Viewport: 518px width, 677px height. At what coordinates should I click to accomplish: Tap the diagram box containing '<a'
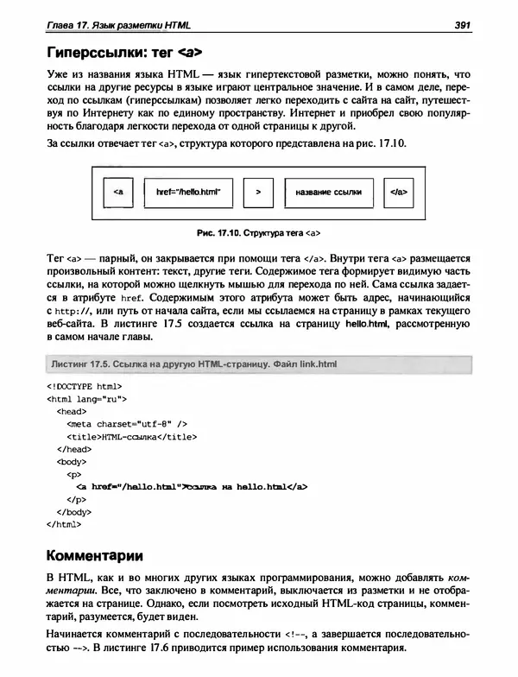[x=117, y=193]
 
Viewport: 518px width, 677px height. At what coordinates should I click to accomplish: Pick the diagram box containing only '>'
[x=257, y=193]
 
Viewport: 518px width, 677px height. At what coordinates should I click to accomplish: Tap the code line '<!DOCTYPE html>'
[x=84, y=388]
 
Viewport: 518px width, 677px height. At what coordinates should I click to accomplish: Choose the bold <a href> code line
[x=192, y=486]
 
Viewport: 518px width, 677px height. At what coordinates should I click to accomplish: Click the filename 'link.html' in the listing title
[x=311, y=364]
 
